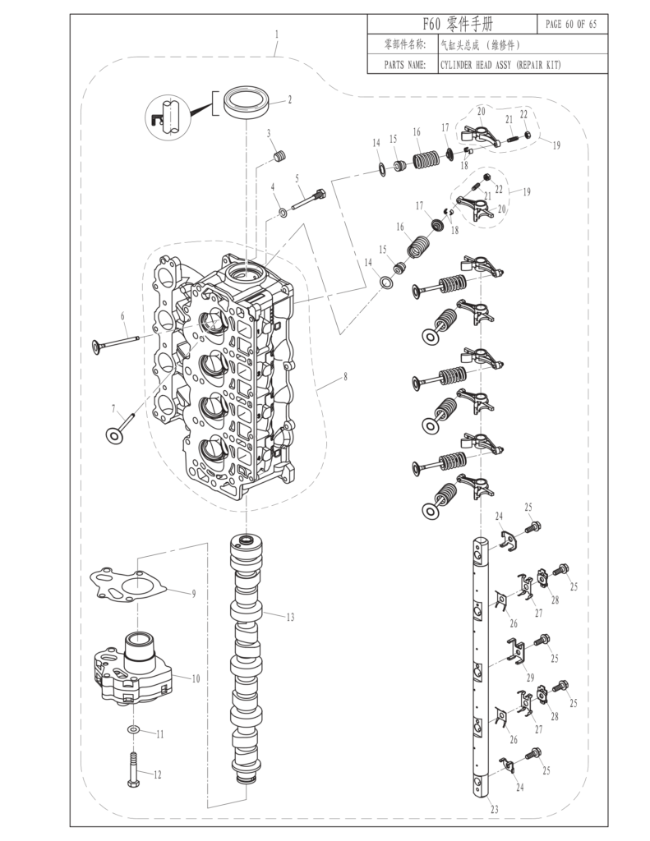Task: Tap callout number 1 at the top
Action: point(277,34)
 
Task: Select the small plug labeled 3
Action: point(279,155)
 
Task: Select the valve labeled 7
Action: point(121,425)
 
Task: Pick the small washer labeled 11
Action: point(133,729)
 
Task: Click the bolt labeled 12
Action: point(133,768)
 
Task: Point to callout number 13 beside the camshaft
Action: point(290,616)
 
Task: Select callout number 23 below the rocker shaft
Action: point(495,810)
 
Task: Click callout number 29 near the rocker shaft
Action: point(531,677)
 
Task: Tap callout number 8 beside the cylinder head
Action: point(345,377)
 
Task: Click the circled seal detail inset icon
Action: point(168,115)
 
